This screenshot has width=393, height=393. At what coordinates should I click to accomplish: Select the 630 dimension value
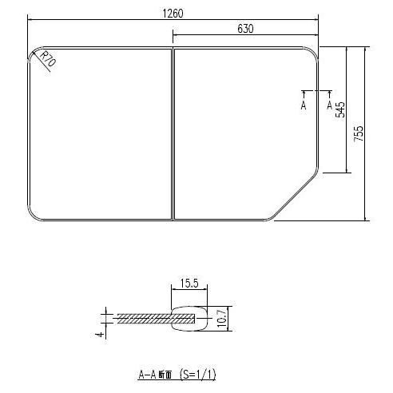click(x=245, y=29)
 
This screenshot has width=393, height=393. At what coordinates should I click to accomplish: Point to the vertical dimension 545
click(x=340, y=109)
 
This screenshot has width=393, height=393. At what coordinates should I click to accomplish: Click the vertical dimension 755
click(x=359, y=133)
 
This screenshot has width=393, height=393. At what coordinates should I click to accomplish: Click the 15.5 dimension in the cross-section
click(x=189, y=284)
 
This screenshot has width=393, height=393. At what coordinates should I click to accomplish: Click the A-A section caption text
click(x=157, y=374)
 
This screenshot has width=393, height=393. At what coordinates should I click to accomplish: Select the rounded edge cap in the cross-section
click(x=190, y=318)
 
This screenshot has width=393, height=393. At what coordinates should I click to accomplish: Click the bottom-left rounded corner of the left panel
click(x=35, y=213)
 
